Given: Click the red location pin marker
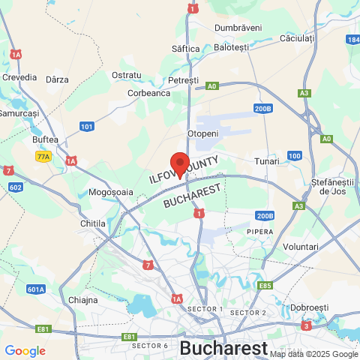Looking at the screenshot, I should [x=179, y=163].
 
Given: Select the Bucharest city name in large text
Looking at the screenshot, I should [x=223, y=348].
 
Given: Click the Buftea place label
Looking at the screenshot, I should [x=45, y=139].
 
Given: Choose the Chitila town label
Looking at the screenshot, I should [x=93, y=223].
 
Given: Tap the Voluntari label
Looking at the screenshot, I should [x=301, y=247].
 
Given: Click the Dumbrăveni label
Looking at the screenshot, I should [x=238, y=28].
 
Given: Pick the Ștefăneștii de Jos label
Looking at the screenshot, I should [x=331, y=187].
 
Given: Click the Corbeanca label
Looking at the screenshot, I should [x=149, y=93].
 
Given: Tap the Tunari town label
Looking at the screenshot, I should [x=266, y=161].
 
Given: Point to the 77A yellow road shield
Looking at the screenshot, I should [x=43, y=157].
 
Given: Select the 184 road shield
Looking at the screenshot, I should [x=352, y=39].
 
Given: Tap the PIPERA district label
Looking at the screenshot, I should [x=259, y=232].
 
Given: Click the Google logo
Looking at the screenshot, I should [x=25, y=350].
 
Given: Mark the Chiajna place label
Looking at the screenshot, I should [x=83, y=300].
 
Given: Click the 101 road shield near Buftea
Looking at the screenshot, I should [x=87, y=127].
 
